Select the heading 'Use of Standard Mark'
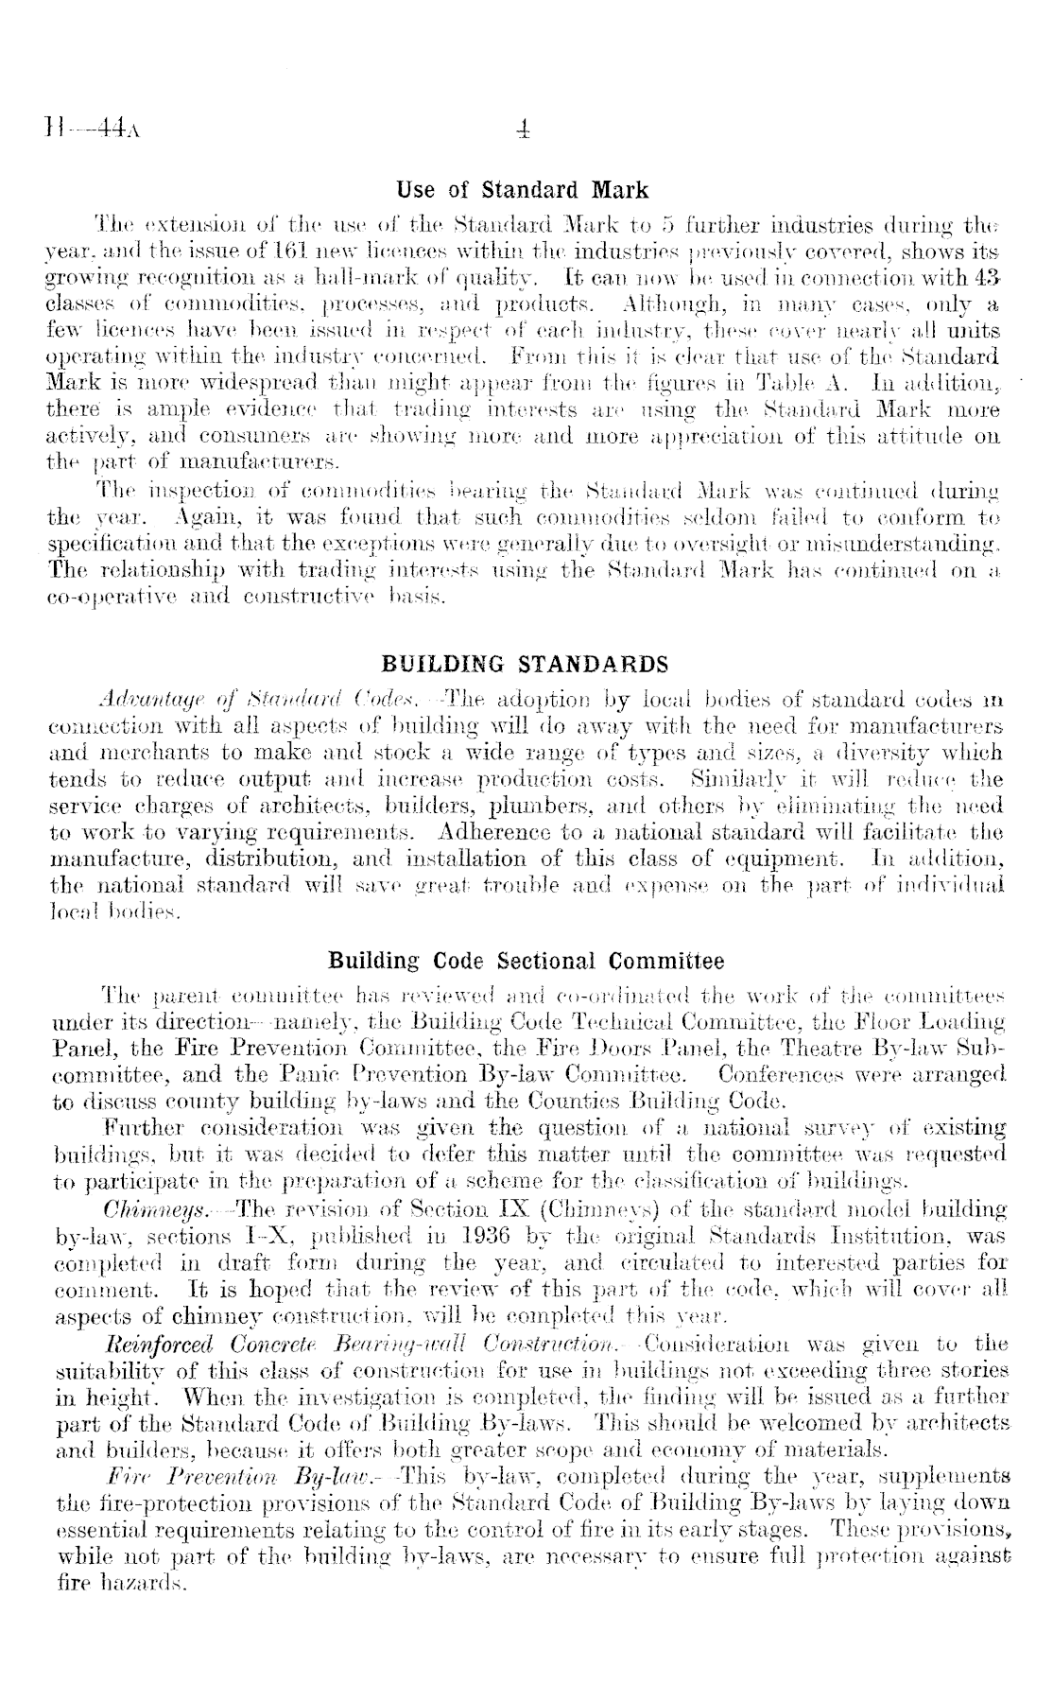click(522, 190)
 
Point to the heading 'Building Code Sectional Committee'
click(526, 963)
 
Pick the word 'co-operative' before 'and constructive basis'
click(108, 598)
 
